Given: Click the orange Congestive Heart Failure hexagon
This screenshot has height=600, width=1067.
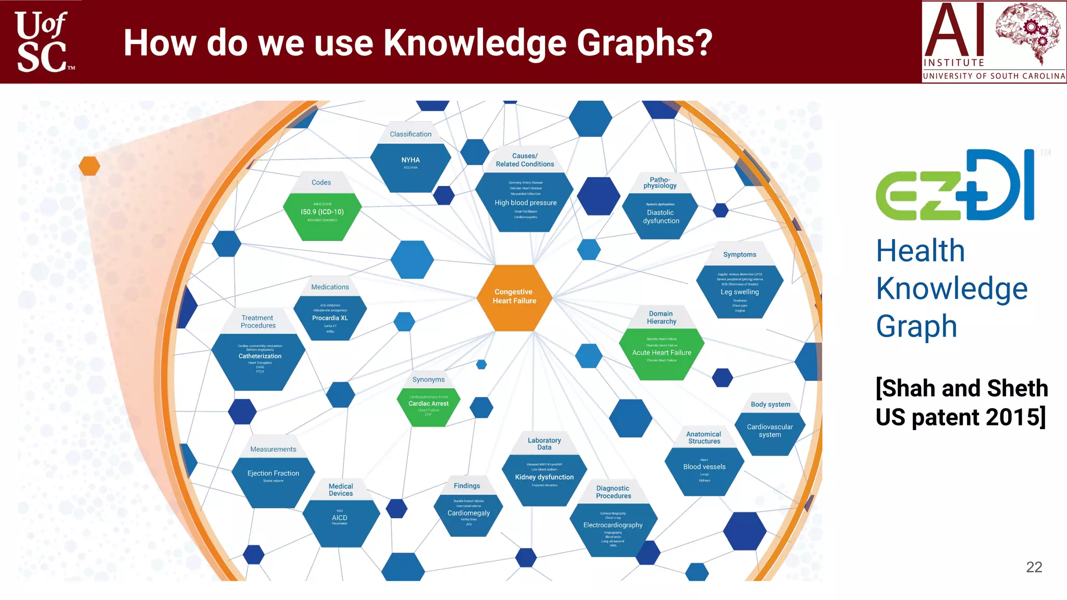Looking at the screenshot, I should [x=514, y=297].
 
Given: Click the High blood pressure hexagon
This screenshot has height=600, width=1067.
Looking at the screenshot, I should [x=525, y=203].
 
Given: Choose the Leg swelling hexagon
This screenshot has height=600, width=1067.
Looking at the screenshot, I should [x=739, y=292].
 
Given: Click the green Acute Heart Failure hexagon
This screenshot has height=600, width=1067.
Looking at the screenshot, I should [x=662, y=353].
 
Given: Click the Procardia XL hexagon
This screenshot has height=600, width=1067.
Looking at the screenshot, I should [x=330, y=318].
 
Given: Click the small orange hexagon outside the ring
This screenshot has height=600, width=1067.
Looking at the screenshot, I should [x=89, y=166].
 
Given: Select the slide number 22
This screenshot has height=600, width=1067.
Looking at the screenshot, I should [x=1034, y=567].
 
